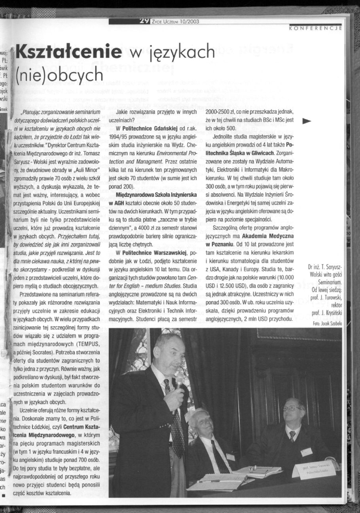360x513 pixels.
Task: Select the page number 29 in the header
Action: pyautogui.click(x=139, y=22)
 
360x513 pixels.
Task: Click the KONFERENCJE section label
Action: pyautogui.click(x=315, y=28)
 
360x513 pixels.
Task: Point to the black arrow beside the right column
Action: pyautogui.click(x=307, y=121)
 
